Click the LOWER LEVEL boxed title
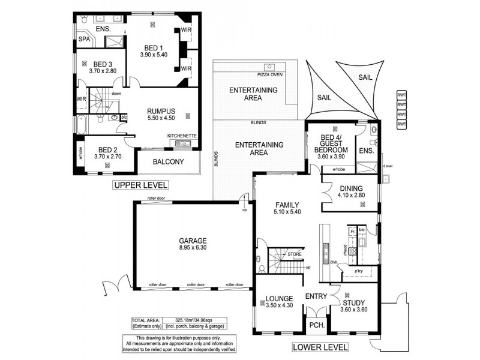click(x=319, y=346)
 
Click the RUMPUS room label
click(x=161, y=111)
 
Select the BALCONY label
click(x=169, y=161)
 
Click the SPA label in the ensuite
click(x=84, y=39)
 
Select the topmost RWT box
click(x=401, y=95)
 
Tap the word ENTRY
click(x=316, y=296)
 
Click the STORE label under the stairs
click(x=294, y=255)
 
